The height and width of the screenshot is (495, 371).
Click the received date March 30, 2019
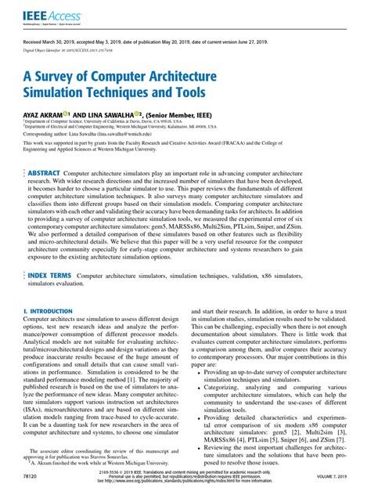(67, 45)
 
